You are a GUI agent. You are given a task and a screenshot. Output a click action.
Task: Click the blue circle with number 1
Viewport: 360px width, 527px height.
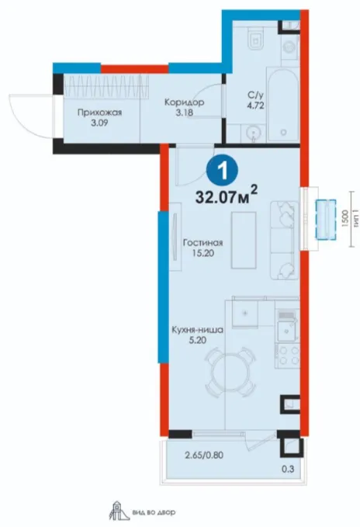click(x=222, y=171)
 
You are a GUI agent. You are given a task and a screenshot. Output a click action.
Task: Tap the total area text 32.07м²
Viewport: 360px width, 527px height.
click(x=227, y=196)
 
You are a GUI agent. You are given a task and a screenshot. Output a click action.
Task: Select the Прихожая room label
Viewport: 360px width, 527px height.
click(x=99, y=117)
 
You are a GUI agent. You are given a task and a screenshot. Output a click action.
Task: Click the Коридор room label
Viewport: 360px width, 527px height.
click(x=184, y=107)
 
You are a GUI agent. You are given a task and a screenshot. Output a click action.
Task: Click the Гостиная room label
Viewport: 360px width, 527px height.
click(x=202, y=248)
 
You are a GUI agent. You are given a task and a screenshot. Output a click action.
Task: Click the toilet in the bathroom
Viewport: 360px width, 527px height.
click(x=255, y=36)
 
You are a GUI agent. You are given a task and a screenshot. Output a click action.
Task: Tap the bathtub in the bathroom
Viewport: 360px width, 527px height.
click(x=282, y=104)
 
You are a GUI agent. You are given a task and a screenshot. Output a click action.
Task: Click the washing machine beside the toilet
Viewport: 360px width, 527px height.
click(x=290, y=47)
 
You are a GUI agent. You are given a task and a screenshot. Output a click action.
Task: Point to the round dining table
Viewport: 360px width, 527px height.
click(x=230, y=373)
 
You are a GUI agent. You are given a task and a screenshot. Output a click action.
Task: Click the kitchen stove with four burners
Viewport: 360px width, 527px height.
click(x=287, y=355)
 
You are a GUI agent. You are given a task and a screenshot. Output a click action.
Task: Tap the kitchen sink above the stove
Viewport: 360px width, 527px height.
click(x=287, y=328)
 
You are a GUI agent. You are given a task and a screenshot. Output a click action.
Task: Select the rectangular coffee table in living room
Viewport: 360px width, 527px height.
click(x=244, y=241)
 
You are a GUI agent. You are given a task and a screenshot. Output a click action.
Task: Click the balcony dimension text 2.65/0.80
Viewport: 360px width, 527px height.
click(x=204, y=456)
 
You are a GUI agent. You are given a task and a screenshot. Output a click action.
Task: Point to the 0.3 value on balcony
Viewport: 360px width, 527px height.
click(x=289, y=469)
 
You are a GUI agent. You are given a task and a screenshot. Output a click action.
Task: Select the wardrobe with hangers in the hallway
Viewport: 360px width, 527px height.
click(x=106, y=85)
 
